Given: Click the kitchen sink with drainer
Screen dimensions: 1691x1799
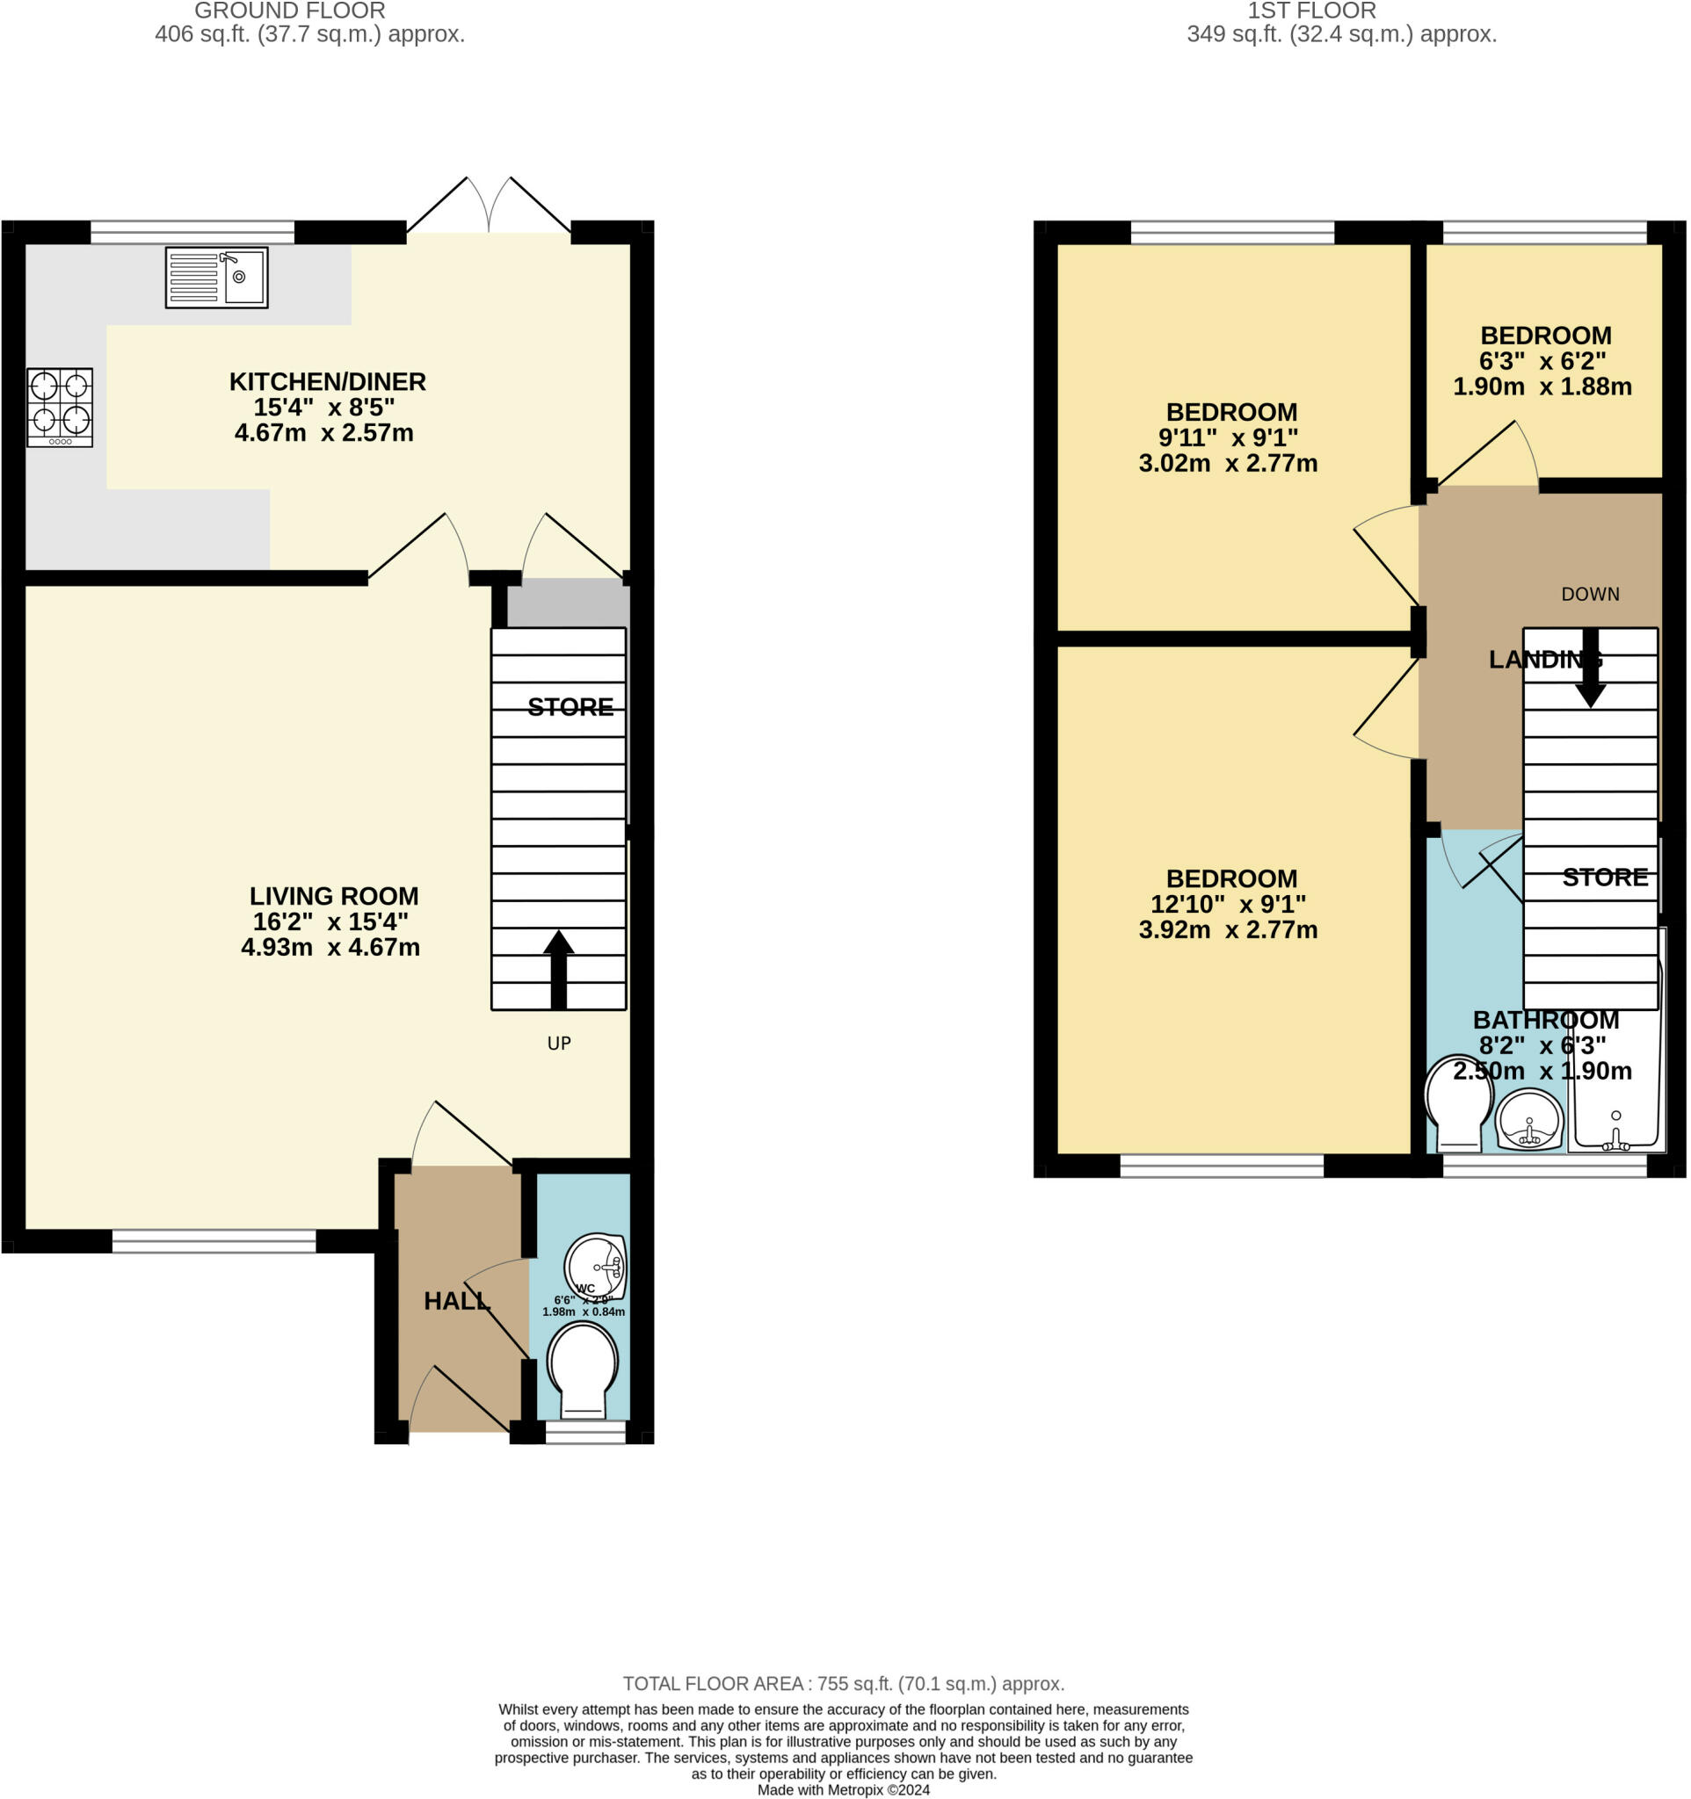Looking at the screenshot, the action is pos(216,278).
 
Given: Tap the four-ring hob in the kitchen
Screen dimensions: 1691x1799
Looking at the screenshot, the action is pos(60,408).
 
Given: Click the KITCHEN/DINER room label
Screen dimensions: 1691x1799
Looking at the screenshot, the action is pos(327,382).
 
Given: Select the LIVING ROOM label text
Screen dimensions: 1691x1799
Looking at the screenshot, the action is pos(334,896).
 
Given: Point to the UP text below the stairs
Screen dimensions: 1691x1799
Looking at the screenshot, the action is pos(560,1044).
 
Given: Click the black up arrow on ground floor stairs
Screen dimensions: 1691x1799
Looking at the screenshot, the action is pos(558,969).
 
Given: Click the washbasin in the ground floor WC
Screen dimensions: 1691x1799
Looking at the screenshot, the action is pos(595,1266).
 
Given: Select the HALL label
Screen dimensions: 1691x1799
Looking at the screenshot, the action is pos(457,1301).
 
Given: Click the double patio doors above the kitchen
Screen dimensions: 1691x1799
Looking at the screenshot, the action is pos(489,206).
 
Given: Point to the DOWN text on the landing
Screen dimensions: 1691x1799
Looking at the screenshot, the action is pos(1591,594).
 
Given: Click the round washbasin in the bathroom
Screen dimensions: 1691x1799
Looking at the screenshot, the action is pos(1530,1119).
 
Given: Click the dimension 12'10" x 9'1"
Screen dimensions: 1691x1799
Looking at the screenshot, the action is pos(1228,904).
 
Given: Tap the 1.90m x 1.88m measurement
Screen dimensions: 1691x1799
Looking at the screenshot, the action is pos(1542,387).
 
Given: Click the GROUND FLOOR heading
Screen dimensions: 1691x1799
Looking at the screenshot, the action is pos(290,11).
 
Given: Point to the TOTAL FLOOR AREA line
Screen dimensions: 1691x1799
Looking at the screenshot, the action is pos(844,1683).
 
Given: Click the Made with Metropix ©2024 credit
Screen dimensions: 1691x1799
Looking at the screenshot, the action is pos(844,1790).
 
